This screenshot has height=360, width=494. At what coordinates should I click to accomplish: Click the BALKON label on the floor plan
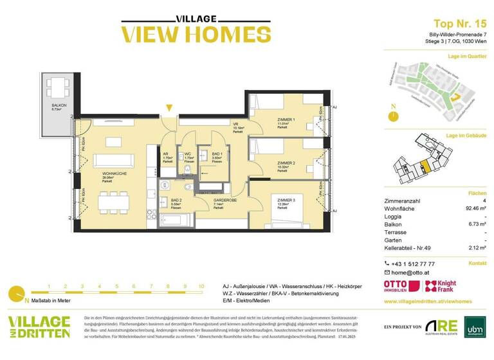click(60, 105)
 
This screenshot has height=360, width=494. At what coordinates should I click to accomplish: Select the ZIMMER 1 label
click(284, 120)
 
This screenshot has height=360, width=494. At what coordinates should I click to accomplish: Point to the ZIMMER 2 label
click(285, 163)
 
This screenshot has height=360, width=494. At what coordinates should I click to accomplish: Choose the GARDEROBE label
click(223, 201)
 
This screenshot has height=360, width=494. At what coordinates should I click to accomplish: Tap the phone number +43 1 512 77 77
click(414, 264)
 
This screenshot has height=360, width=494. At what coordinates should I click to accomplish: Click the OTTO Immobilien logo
click(399, 287)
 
